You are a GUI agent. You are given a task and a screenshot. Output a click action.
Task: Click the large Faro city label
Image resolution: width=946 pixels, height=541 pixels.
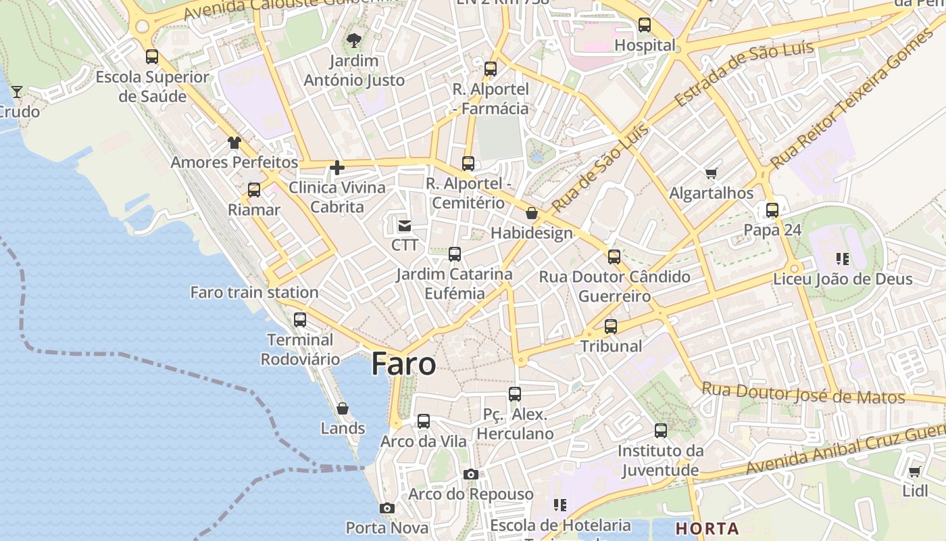(403, 364)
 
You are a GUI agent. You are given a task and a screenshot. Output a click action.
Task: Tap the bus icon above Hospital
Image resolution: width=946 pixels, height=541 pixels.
(645, 26)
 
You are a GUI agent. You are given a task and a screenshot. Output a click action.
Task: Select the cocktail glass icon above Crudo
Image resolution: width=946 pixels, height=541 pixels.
(17, 91)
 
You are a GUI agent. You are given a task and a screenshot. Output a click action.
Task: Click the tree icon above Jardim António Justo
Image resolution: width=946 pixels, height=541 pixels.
(353, 41)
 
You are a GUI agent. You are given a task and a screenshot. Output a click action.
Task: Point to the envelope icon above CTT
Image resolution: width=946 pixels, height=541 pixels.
(405, 225)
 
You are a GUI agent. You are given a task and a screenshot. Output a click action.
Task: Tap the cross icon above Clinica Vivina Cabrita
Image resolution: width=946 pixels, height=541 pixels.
(337, 168)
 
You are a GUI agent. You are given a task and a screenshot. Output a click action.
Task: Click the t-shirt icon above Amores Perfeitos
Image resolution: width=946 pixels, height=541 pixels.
(234, 143)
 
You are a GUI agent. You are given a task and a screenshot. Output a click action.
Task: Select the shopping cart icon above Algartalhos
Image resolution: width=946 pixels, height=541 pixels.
(711, 174)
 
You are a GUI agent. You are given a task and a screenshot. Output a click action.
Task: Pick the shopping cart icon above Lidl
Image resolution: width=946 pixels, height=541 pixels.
(915, 471)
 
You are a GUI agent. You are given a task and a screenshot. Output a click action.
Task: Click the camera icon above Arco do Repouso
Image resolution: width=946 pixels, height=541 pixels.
(471, 475)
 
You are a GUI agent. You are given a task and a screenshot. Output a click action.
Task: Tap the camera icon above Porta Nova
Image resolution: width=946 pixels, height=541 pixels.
(387, 508)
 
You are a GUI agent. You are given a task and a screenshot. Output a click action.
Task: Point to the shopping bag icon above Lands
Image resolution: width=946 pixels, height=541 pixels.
(343, 408)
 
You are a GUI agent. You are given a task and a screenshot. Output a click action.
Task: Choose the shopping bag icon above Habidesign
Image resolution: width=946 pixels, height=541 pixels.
(532, 214)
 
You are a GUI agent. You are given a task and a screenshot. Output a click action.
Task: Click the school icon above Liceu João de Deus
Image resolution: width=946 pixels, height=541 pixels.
(842, 258)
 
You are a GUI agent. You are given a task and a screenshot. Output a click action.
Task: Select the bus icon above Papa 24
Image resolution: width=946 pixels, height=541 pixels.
(772, 210)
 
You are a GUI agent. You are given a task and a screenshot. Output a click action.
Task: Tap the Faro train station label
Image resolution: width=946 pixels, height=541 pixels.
(254, 293)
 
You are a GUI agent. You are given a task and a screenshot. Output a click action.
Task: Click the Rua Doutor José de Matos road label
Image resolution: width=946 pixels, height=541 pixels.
(803, 394)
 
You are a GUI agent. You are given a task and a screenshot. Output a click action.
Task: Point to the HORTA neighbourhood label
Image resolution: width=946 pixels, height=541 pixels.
(707, 528)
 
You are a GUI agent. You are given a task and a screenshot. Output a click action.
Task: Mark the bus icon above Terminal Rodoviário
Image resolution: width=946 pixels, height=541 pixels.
(300, 320)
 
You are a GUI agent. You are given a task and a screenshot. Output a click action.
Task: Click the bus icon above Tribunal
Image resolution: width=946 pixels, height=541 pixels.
(611, 327)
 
